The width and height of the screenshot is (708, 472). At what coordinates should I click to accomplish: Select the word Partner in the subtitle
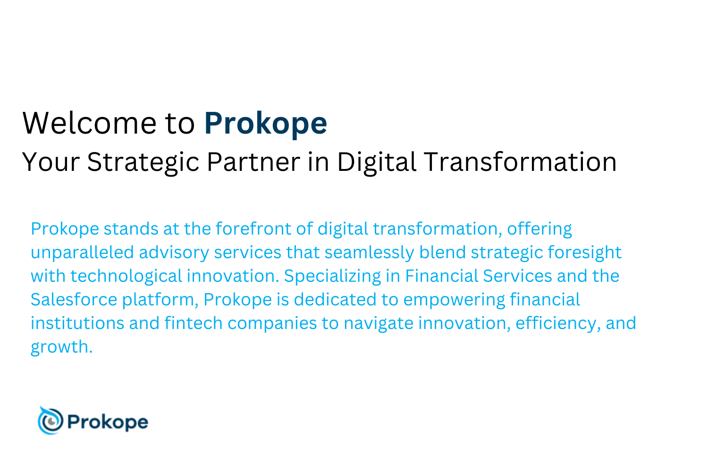pyautogui.click(x=253, y=162)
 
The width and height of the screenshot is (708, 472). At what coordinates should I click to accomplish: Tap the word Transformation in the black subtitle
pyautogui.click(x=520, y=162)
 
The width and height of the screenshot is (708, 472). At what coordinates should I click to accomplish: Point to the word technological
pyautogui.click(x=126, y=276)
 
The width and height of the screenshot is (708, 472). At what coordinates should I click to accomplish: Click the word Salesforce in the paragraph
pyautogui.click(x=74, y=299)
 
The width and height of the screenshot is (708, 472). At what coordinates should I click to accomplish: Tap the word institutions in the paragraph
pyautogui.click(x=77, y=323)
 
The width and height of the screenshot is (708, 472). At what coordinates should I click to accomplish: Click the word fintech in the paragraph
pyautogui.click(x=194, y=323)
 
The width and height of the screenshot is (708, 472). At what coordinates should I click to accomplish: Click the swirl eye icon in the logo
pyautogui.click(x=50, y=421)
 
